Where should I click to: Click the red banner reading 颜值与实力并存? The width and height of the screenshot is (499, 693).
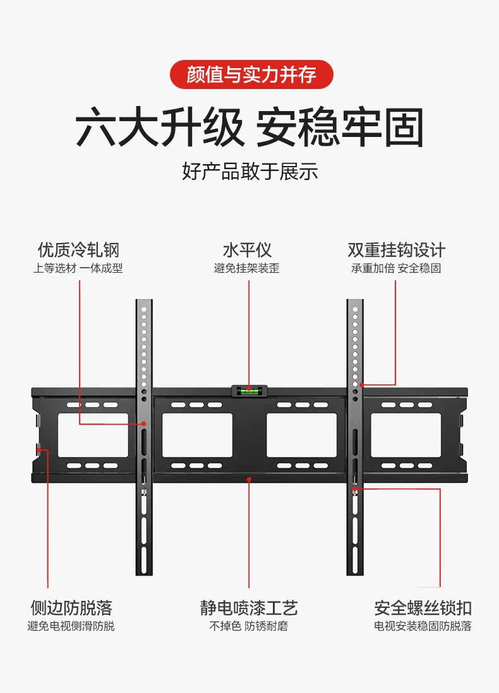(251, 74)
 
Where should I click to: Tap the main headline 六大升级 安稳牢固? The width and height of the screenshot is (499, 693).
(249, 128)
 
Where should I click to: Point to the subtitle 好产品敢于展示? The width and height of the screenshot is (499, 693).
(249, 171)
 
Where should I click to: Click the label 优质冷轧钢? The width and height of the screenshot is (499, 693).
(78, 249)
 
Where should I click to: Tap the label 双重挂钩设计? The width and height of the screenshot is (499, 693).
(396, 249)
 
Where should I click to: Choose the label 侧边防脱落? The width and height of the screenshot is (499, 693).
(71, 608)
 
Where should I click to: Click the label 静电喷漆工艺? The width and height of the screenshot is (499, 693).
(249, 608)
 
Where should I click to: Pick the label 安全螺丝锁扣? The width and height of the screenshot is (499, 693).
(423, 608)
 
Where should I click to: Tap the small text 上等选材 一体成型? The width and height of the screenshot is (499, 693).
(78, 268)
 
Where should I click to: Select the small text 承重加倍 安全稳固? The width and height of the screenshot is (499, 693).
(396, 268)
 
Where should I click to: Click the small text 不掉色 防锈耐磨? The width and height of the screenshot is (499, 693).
(249, 626)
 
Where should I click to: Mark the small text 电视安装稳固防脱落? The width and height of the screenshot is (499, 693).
(423, 626)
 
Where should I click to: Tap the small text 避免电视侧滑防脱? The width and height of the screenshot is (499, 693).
(71, 626)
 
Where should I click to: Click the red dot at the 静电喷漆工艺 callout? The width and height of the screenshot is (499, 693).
(249, 480)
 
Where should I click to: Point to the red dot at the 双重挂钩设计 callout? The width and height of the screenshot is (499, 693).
(362, 384)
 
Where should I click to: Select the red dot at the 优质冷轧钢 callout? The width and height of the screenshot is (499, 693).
(145, 424)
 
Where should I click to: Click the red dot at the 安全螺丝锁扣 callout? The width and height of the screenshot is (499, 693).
(355, 488)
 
